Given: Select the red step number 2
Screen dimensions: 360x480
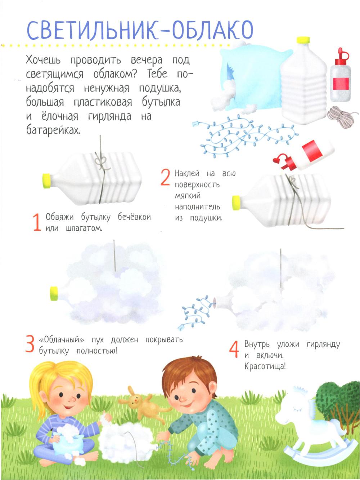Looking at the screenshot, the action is [165, 178].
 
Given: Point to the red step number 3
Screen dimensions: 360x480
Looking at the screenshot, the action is [30, 344].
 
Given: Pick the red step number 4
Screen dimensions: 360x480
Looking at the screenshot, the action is [234, 350].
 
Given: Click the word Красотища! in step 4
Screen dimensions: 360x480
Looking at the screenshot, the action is [265, 366].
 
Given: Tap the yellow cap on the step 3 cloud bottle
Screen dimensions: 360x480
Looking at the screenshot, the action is [54, 293].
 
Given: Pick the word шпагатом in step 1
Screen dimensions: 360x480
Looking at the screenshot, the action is [84, 229].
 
